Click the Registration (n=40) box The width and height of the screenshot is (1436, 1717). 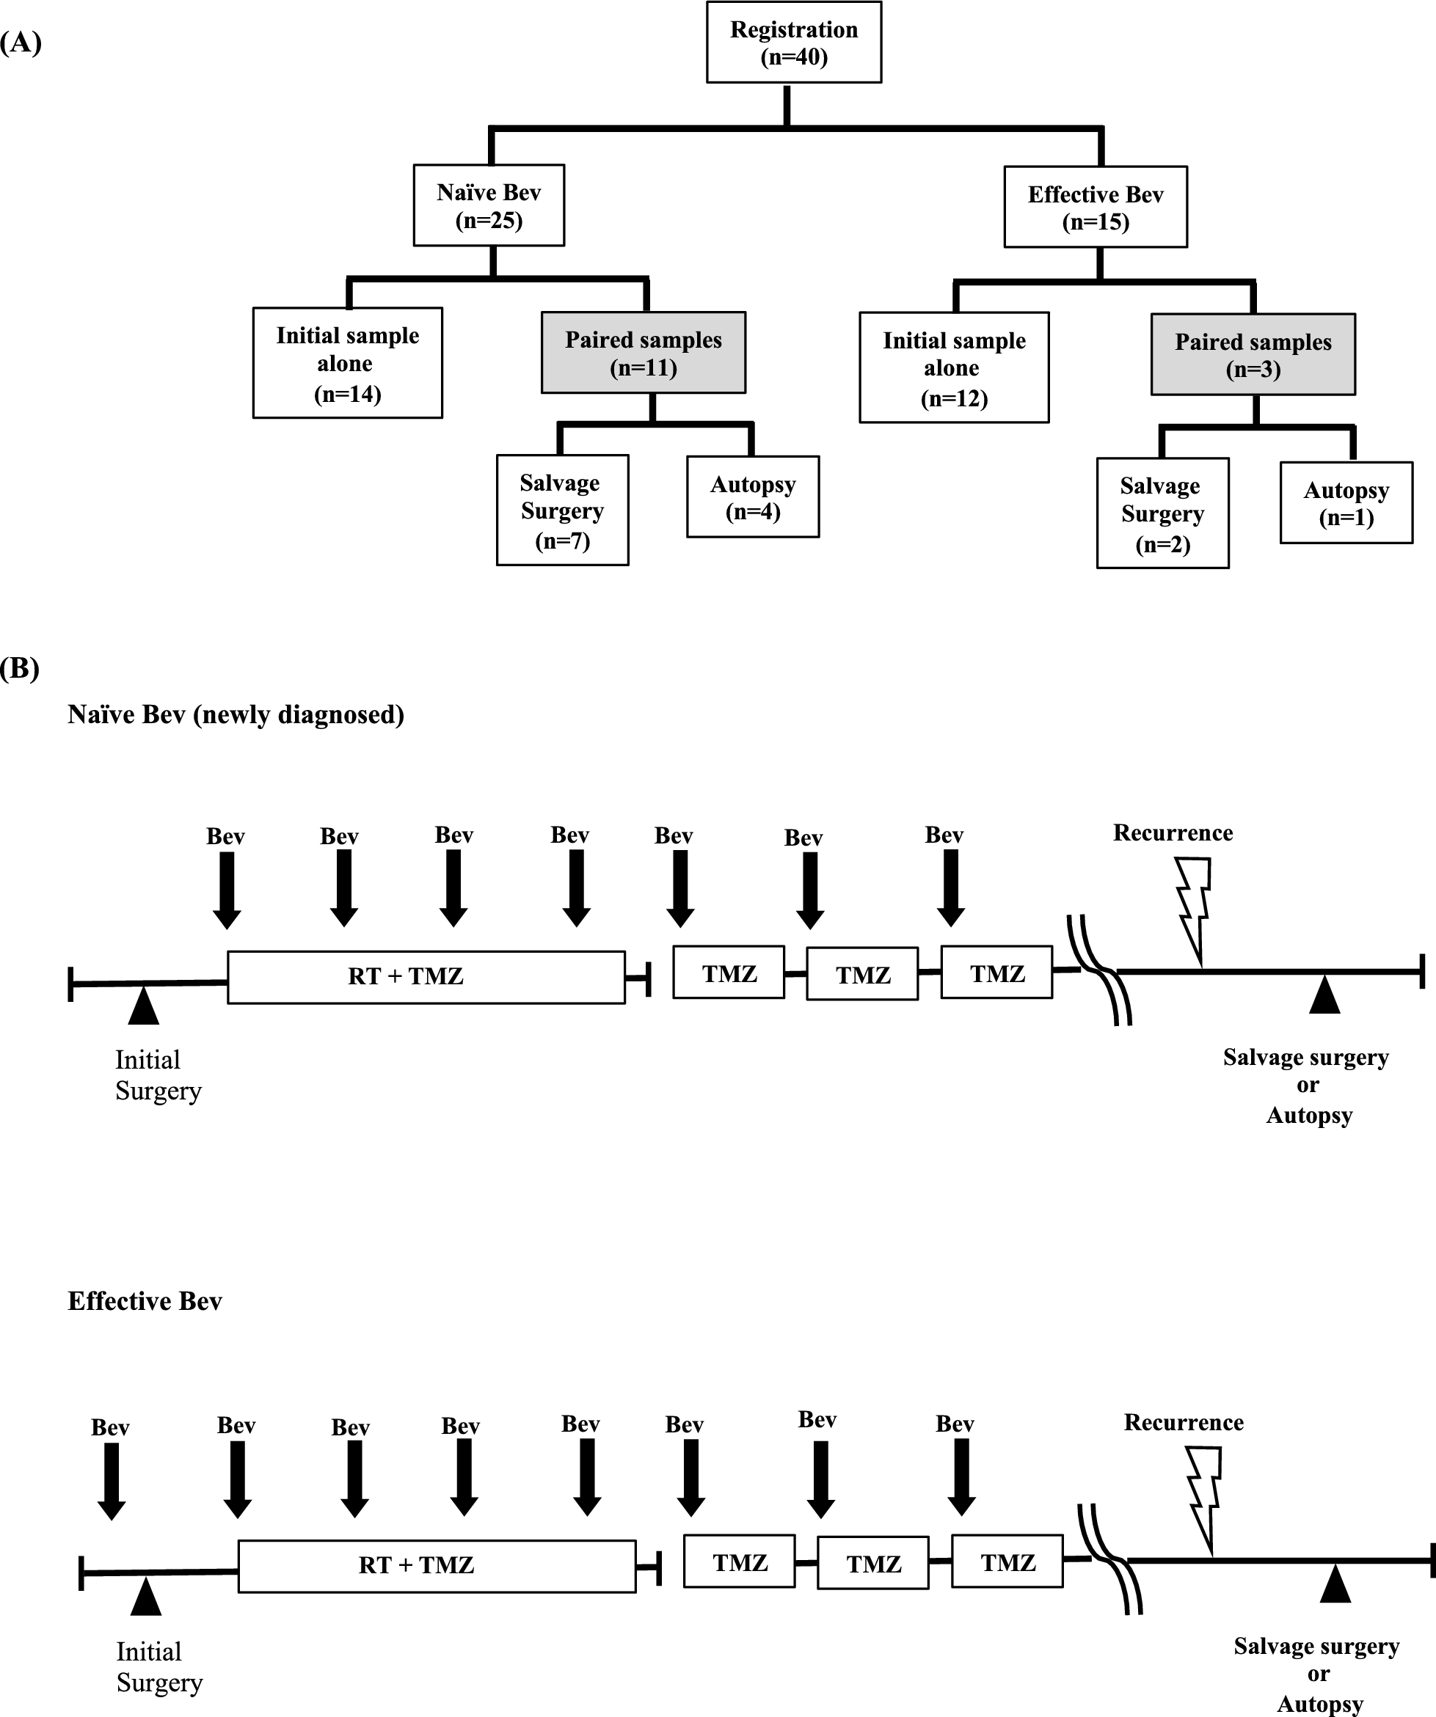(x=793, y=43)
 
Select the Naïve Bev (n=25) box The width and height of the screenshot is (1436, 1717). (x=488, y=206)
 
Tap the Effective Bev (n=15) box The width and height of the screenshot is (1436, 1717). (x=1095, y=208)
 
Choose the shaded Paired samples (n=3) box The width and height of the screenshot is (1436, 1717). (x=1252, y=355)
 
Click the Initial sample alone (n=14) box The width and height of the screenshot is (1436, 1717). (x=348, y=363)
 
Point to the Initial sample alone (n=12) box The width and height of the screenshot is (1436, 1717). (x=953, y=368)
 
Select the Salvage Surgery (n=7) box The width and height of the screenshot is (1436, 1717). (x=562, y=510)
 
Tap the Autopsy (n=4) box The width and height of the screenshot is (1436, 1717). (x=752, y=497)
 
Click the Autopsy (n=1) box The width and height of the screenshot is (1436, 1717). (x=1346, y=503)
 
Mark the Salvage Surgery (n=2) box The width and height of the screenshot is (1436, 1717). (x=1162, y=513)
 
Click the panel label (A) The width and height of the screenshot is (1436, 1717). (x=21, y=43)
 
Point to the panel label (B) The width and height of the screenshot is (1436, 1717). (x=21, y=668)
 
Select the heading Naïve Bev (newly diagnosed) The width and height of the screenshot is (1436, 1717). (x=236, y=714)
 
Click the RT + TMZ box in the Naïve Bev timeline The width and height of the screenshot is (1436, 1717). (x=426, y=977)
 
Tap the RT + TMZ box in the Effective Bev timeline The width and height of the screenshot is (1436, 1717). (x=437, y=1566)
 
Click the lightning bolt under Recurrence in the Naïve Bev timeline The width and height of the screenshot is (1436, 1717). (x=1194, y=907)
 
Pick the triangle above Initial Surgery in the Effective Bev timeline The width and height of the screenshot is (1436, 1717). (x=145, y=1597)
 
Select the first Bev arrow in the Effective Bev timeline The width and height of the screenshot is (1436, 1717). (x=112, y=1480)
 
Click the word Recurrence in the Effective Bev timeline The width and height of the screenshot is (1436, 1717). (x=1184, y=1423)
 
